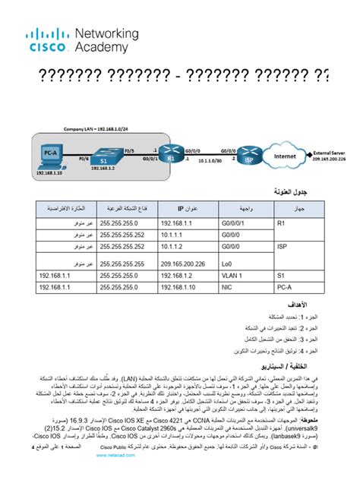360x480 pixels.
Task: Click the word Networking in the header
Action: (106, 34)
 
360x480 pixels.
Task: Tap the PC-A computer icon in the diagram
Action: (47, 156)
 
